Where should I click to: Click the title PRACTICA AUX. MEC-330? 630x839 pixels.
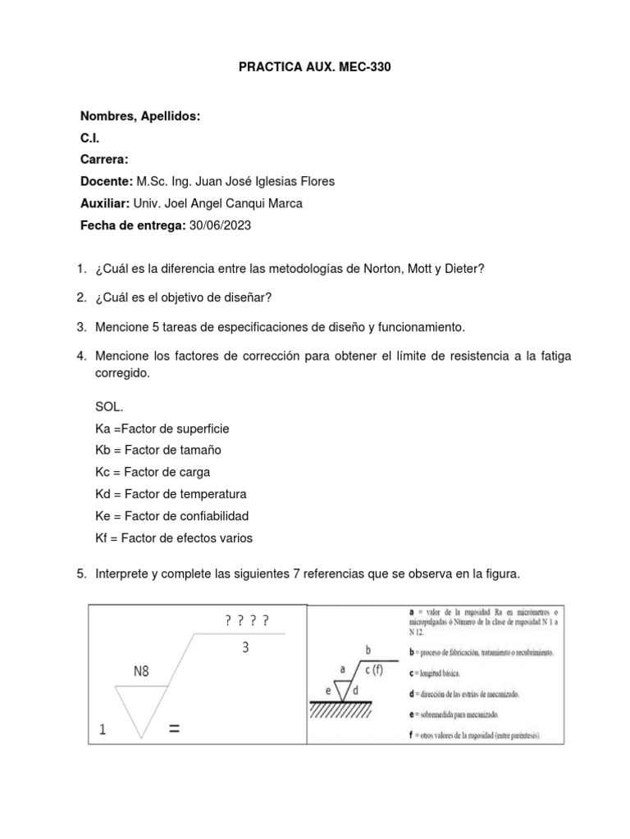click(315, 68)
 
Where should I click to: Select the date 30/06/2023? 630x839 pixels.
click(220, 226)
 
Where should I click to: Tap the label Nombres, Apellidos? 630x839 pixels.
click(140, 117)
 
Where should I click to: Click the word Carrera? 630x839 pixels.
click(104, 161)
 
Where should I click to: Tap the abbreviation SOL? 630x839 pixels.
click(110, 406)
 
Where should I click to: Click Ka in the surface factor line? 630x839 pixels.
click(103, 429)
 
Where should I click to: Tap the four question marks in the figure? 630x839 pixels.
click(245, 621)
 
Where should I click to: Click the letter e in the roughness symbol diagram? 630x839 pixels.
click(328, 690)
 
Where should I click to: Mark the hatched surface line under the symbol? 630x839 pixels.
click(352, 711)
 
